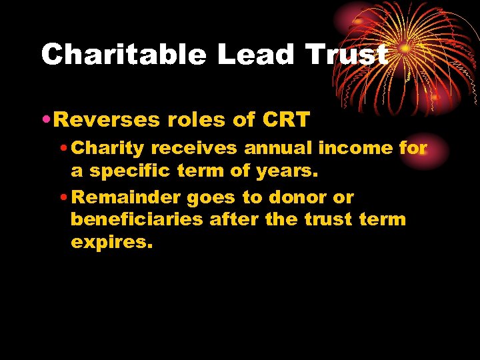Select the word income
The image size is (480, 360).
point(355,148)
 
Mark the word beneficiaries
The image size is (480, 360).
point(137,220)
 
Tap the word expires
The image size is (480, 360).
point(111,243)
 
